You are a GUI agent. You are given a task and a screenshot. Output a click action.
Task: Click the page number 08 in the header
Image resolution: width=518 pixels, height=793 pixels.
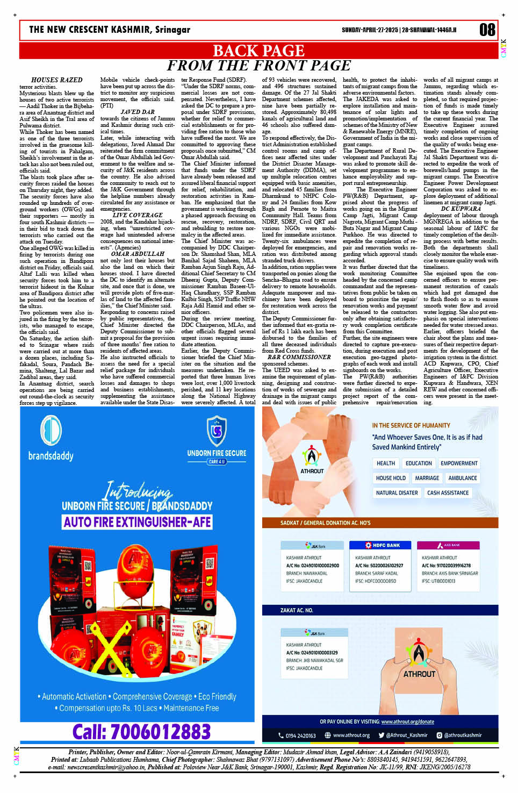(487, 30)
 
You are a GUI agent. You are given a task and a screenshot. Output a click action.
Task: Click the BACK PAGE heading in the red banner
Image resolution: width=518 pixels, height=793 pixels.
(258, 51)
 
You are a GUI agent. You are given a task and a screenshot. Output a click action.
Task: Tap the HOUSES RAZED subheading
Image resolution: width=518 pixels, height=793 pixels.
(56, 80)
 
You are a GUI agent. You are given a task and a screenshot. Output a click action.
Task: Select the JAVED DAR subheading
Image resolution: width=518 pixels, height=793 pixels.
(138, 112)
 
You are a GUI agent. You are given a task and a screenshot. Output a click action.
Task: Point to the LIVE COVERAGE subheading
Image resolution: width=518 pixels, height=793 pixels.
(138, 215)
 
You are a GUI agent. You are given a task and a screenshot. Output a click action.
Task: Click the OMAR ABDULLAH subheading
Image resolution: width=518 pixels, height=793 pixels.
(138, 254)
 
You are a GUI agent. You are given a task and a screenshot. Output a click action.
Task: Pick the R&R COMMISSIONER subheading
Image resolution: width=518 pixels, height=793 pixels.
(299, 357)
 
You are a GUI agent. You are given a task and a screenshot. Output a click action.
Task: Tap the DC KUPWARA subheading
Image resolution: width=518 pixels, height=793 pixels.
(461, 209)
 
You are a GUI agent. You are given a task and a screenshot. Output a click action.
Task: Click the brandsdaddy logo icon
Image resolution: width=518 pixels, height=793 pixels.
(51, 431)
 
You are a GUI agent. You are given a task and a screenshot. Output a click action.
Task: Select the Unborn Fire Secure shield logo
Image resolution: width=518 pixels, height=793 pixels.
(217, 431)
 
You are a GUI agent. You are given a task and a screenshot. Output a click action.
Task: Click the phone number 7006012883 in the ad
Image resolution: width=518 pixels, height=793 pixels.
(141, 732)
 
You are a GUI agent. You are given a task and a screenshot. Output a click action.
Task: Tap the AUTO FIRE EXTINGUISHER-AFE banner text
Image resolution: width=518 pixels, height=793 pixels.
(138, 522)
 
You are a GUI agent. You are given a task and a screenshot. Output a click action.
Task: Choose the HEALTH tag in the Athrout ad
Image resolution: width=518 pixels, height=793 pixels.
(385, 463)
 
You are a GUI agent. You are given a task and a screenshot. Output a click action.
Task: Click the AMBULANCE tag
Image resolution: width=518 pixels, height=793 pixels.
(462, 478)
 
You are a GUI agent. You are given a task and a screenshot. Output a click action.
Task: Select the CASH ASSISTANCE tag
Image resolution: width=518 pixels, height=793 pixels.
(448, 492)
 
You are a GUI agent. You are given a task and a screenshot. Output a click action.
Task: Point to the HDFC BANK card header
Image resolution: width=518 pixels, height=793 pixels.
(383, 545)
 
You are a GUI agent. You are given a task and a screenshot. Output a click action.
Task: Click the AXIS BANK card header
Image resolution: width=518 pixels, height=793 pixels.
(448, 545)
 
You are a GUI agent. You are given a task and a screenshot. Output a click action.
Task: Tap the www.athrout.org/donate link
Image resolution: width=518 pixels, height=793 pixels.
(407, 721)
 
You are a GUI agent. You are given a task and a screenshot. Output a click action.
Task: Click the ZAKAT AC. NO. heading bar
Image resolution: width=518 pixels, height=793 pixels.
(296, 610)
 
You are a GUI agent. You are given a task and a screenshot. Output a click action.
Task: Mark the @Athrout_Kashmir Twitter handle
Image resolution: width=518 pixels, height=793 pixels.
(402, 735)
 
